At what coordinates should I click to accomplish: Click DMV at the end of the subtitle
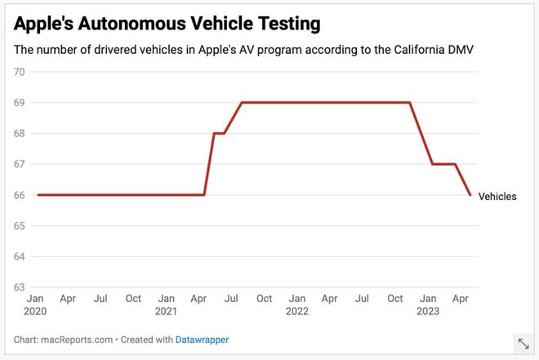pos(459,49)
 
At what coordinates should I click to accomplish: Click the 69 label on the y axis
pos(20,103)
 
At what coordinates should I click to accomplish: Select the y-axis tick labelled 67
pos(20,164)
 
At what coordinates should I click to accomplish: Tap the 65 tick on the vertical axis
pos(20,226)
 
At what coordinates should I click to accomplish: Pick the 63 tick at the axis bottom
pos(20,287)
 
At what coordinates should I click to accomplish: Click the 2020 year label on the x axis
pos(37,311)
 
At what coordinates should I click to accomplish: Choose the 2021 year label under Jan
pos(167,311)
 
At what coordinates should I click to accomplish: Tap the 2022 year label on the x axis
pos(297,311)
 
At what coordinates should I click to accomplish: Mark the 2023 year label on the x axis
pos(428,311)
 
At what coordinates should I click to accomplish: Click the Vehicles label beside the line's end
pos(497,197)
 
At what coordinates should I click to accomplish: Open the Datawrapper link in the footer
pos(203,339)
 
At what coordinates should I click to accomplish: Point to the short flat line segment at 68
pos(219,133)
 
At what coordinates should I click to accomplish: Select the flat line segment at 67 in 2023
pos(444,164)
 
